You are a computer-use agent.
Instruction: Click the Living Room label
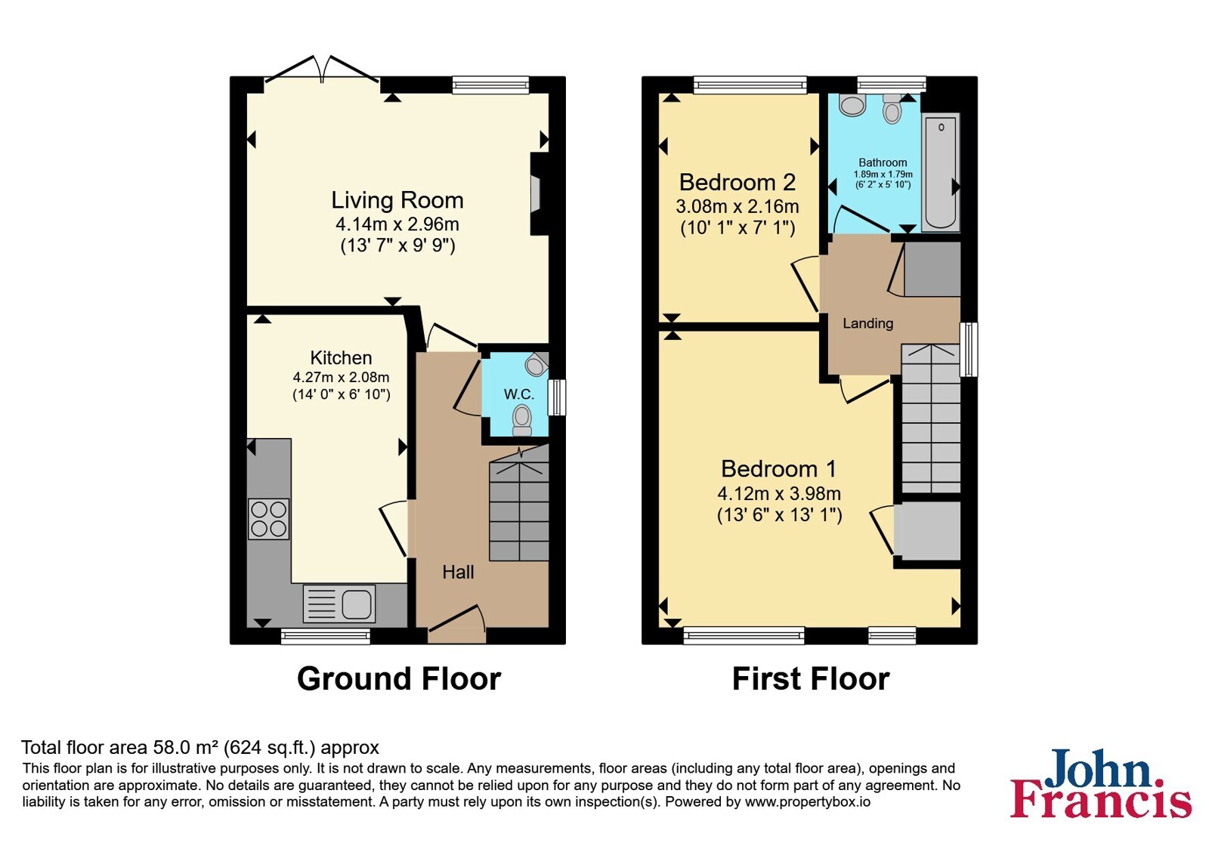pyautogui.click(x=397, y=200)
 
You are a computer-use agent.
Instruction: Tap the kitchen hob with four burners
pyautogui.click(x=269, y=519)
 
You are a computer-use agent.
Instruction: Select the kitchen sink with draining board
pyautogui.click(x=339, y=604)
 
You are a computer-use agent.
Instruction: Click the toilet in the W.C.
pyautogui.click(x=522, y=420)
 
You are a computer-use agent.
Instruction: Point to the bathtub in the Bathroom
pyautogui.click(x=941, y=173)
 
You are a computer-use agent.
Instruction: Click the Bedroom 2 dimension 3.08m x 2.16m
pyautogui.click(x=737, y=206)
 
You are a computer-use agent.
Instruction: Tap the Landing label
pyautogui.click(x=868, y=323)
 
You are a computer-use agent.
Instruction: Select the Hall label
pyautogui.click(x=458, y=572)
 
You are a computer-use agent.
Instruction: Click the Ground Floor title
pyautogui.click(x=399, y=679)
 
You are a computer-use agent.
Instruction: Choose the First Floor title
pyautogui.click(x=811, y=679)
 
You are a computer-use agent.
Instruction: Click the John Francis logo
pyautogui.click(x=1100, y=783)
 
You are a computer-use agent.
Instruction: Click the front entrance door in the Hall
pyautogui.click(x=457, y=620)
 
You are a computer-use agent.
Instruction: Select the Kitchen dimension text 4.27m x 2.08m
pyautogui.click(x=341, y=377)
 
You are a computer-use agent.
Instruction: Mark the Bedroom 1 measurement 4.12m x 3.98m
pyautogui.click(x=779, y=493)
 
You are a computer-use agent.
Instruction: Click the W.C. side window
pyautogui.click(x=557, y=397)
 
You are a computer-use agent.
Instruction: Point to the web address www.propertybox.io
pyautogui.click(x=808, y=801)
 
